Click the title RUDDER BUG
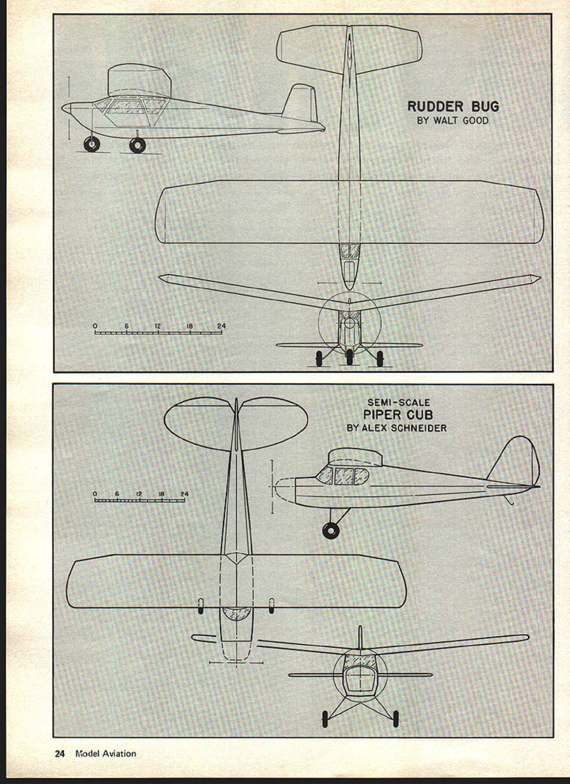(453, 106)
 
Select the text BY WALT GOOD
(453, 121)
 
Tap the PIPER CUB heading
(398, 415)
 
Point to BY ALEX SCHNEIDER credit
(397, 428)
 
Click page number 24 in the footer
(60, 754)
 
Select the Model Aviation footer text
(106, 754)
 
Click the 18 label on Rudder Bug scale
(189, 326)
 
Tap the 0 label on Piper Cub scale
(95, 494)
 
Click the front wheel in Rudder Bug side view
(92, 144)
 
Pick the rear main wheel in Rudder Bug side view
(137, 145)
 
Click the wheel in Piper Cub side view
(331, 531)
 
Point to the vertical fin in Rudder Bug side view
(301, 103)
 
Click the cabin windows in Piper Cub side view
(343, 476)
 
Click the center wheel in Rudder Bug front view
(349, 357)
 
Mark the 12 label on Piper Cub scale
(139, 494)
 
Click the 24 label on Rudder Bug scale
(221, 326)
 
